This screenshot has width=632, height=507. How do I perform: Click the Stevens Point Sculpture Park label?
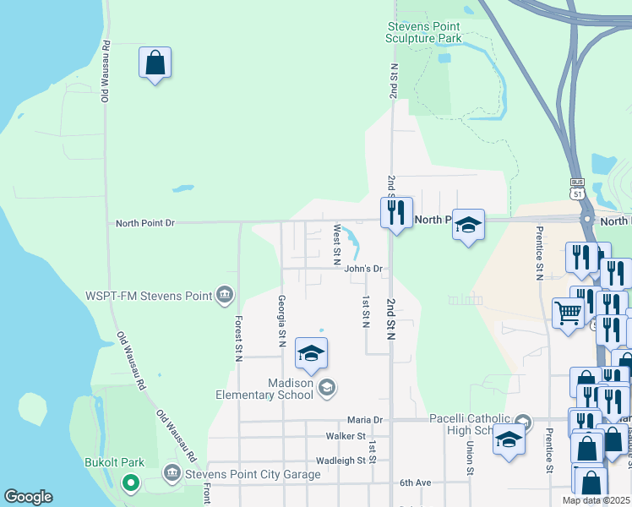[x=423, y=32]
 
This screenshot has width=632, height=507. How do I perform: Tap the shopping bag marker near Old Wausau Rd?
[x=155, y=63]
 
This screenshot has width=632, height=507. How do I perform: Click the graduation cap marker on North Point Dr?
[x=468, y=225]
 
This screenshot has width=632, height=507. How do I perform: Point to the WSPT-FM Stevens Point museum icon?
[x=225, y=295]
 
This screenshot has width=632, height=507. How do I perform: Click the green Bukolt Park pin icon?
[x=130, y=483]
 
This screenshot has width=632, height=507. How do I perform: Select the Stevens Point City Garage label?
[x=253, y=474]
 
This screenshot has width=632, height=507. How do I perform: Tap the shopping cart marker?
[x=569, y=313]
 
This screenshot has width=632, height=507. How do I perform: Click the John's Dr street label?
[x=364, y=269]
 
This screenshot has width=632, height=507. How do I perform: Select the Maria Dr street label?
[x=365, y=419]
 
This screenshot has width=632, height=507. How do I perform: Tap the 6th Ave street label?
[x=416, y=482]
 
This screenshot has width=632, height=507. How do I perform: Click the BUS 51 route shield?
[x=577, y=188]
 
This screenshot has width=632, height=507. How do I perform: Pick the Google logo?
[x=28, y=497]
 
